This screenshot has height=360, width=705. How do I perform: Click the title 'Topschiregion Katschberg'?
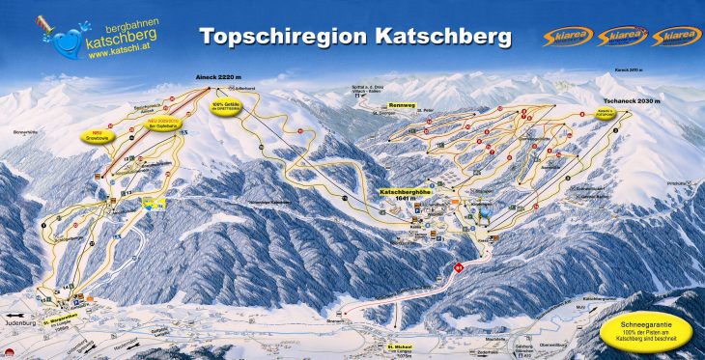(355, 36)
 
